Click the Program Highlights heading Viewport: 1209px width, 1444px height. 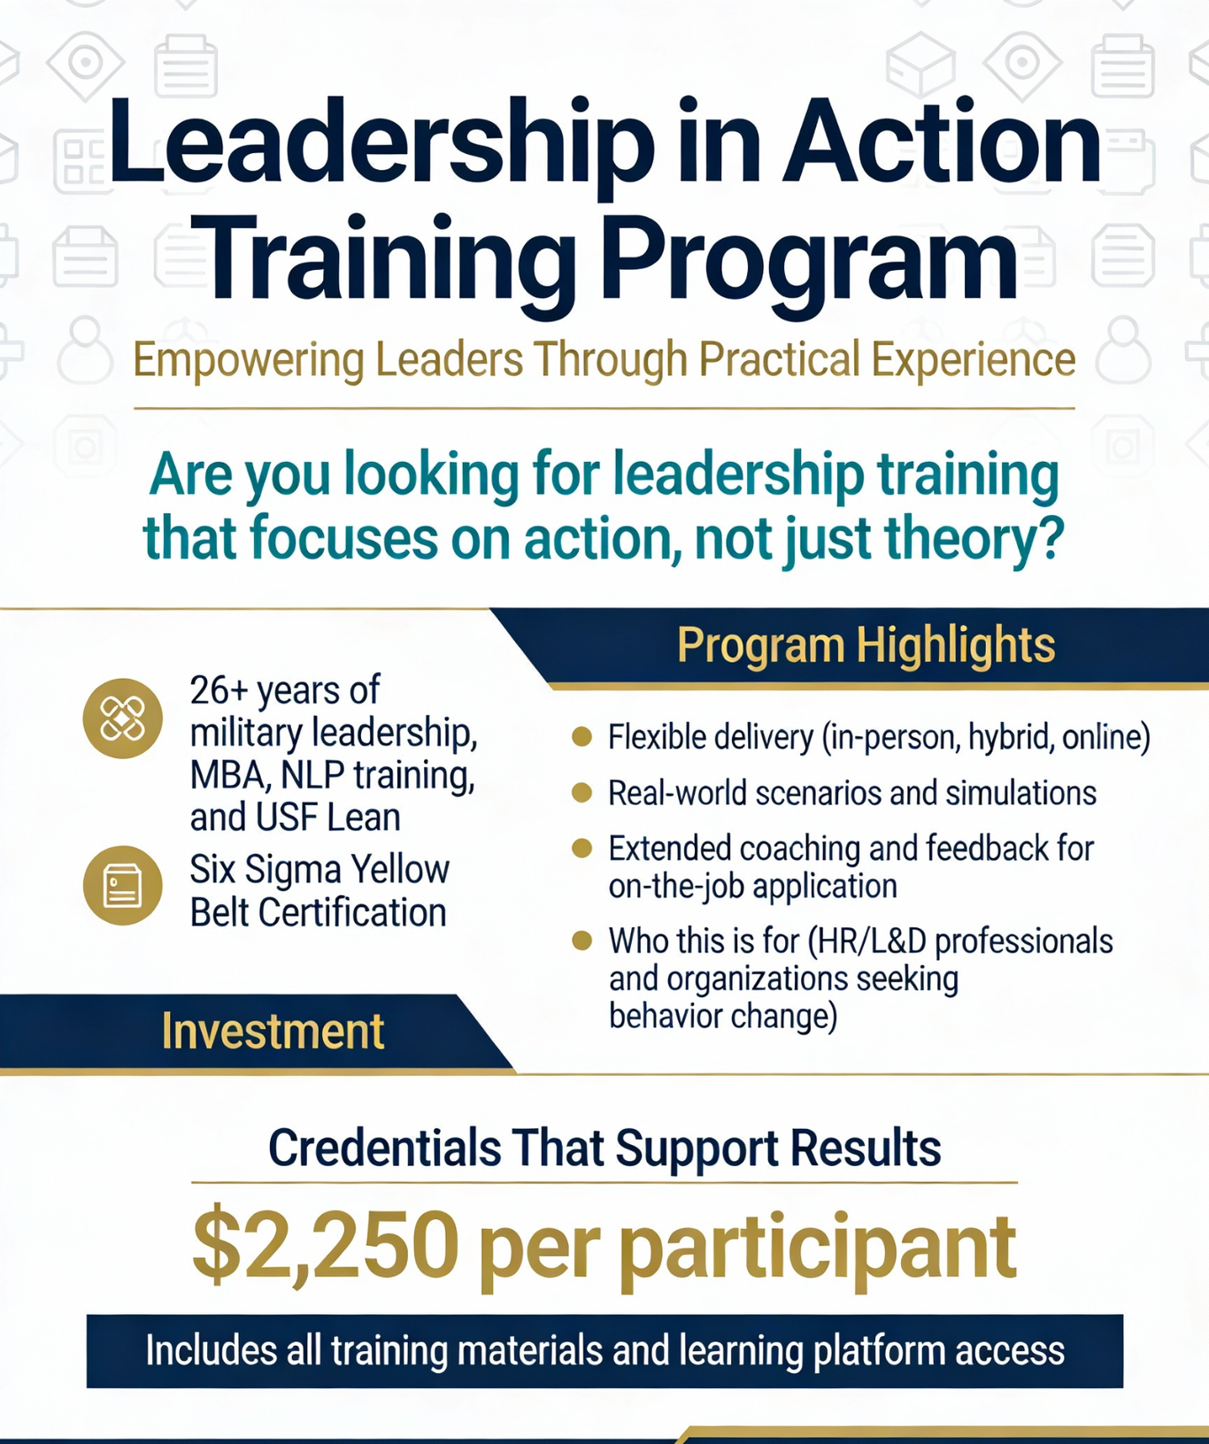click(x=866, y=645)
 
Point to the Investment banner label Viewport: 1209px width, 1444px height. click(x=273, y=1032)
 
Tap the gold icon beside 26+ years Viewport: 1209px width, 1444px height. click(x=122, y=718)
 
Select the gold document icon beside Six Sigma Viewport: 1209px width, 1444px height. click(x=122, y=886)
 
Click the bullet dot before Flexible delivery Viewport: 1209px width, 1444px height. click(x=581, y=736)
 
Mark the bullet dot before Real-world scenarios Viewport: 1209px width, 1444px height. click(x=581, y=792)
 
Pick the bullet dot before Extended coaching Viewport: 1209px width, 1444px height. click(x=581, y=849)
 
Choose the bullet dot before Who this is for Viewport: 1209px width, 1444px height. click(x=581, y=940)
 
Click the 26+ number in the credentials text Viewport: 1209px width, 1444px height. click(x=219, y=690)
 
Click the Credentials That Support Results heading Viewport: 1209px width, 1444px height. click(x=604, y=1148)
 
